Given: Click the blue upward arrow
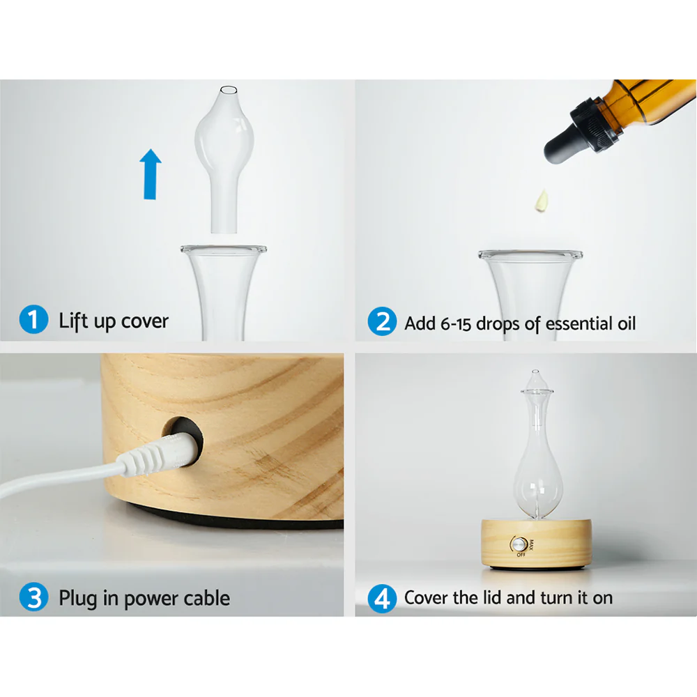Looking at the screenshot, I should click(150, 175).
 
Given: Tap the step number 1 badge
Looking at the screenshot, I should click(33, 321).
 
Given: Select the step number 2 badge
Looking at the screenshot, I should click(381, 323).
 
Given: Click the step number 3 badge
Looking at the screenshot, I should click(33, 597).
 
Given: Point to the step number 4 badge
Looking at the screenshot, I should click(381, 597).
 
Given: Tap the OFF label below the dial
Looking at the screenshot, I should click(521, 556).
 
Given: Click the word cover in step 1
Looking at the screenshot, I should click(144, 321).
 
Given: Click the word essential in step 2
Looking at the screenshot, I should click(576, 323).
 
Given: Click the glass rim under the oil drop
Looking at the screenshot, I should click(530, 254).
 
